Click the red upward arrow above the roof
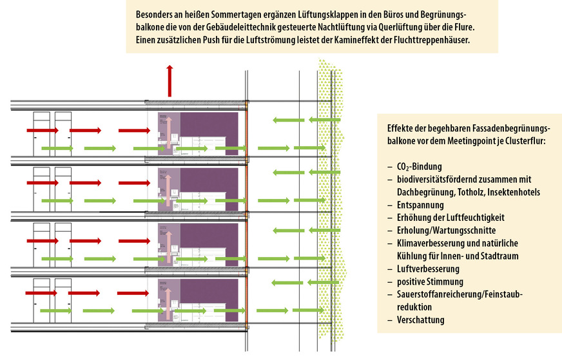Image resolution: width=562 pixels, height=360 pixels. pyautogui.click(x=170, y=81)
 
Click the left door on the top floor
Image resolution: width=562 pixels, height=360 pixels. pyautogui.click(x=41, y=132)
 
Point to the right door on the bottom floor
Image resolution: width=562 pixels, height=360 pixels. pyautogui.click(x=63, y=299)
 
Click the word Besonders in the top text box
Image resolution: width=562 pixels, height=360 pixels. pyautogui.click(x=155, y=14)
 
